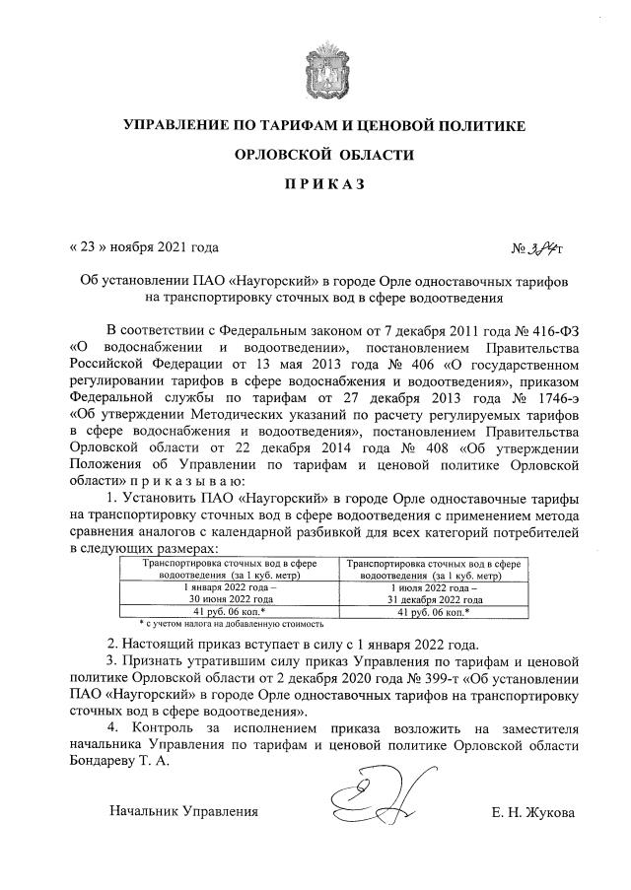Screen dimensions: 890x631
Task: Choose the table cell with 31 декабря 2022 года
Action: tap(440, 598)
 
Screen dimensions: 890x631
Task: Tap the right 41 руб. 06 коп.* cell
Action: tap(440, 612)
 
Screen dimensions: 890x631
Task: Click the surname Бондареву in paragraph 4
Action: tap(108, 760)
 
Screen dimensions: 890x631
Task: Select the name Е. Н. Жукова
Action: tap(532, 811)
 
